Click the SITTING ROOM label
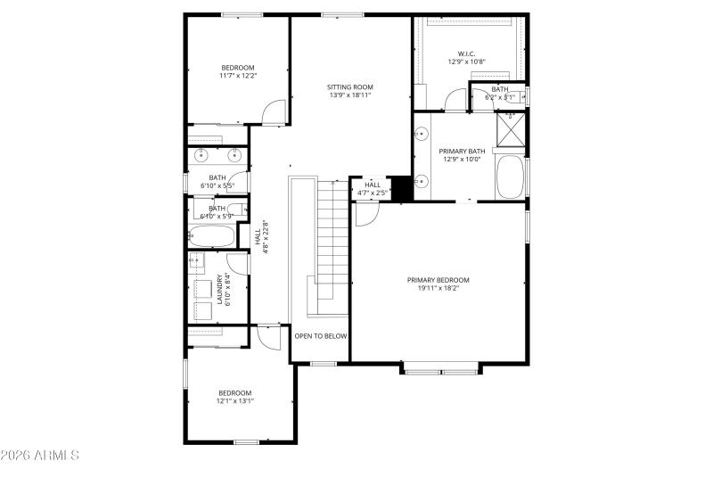point(350,86)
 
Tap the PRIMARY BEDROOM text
point(438,280)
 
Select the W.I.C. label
point(467,53)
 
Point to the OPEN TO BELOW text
point(321,336)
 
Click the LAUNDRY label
point(219,290)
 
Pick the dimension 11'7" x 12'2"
point(238,76)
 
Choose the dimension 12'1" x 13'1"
point(235,401)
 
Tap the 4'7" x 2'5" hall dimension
point(373,193)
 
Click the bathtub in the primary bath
point(510,177)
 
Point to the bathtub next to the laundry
point(211,237)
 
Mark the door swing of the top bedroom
point(275,111)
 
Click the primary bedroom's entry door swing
point(367,213)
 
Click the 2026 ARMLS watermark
point(40,456)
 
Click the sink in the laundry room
point(196,262)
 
